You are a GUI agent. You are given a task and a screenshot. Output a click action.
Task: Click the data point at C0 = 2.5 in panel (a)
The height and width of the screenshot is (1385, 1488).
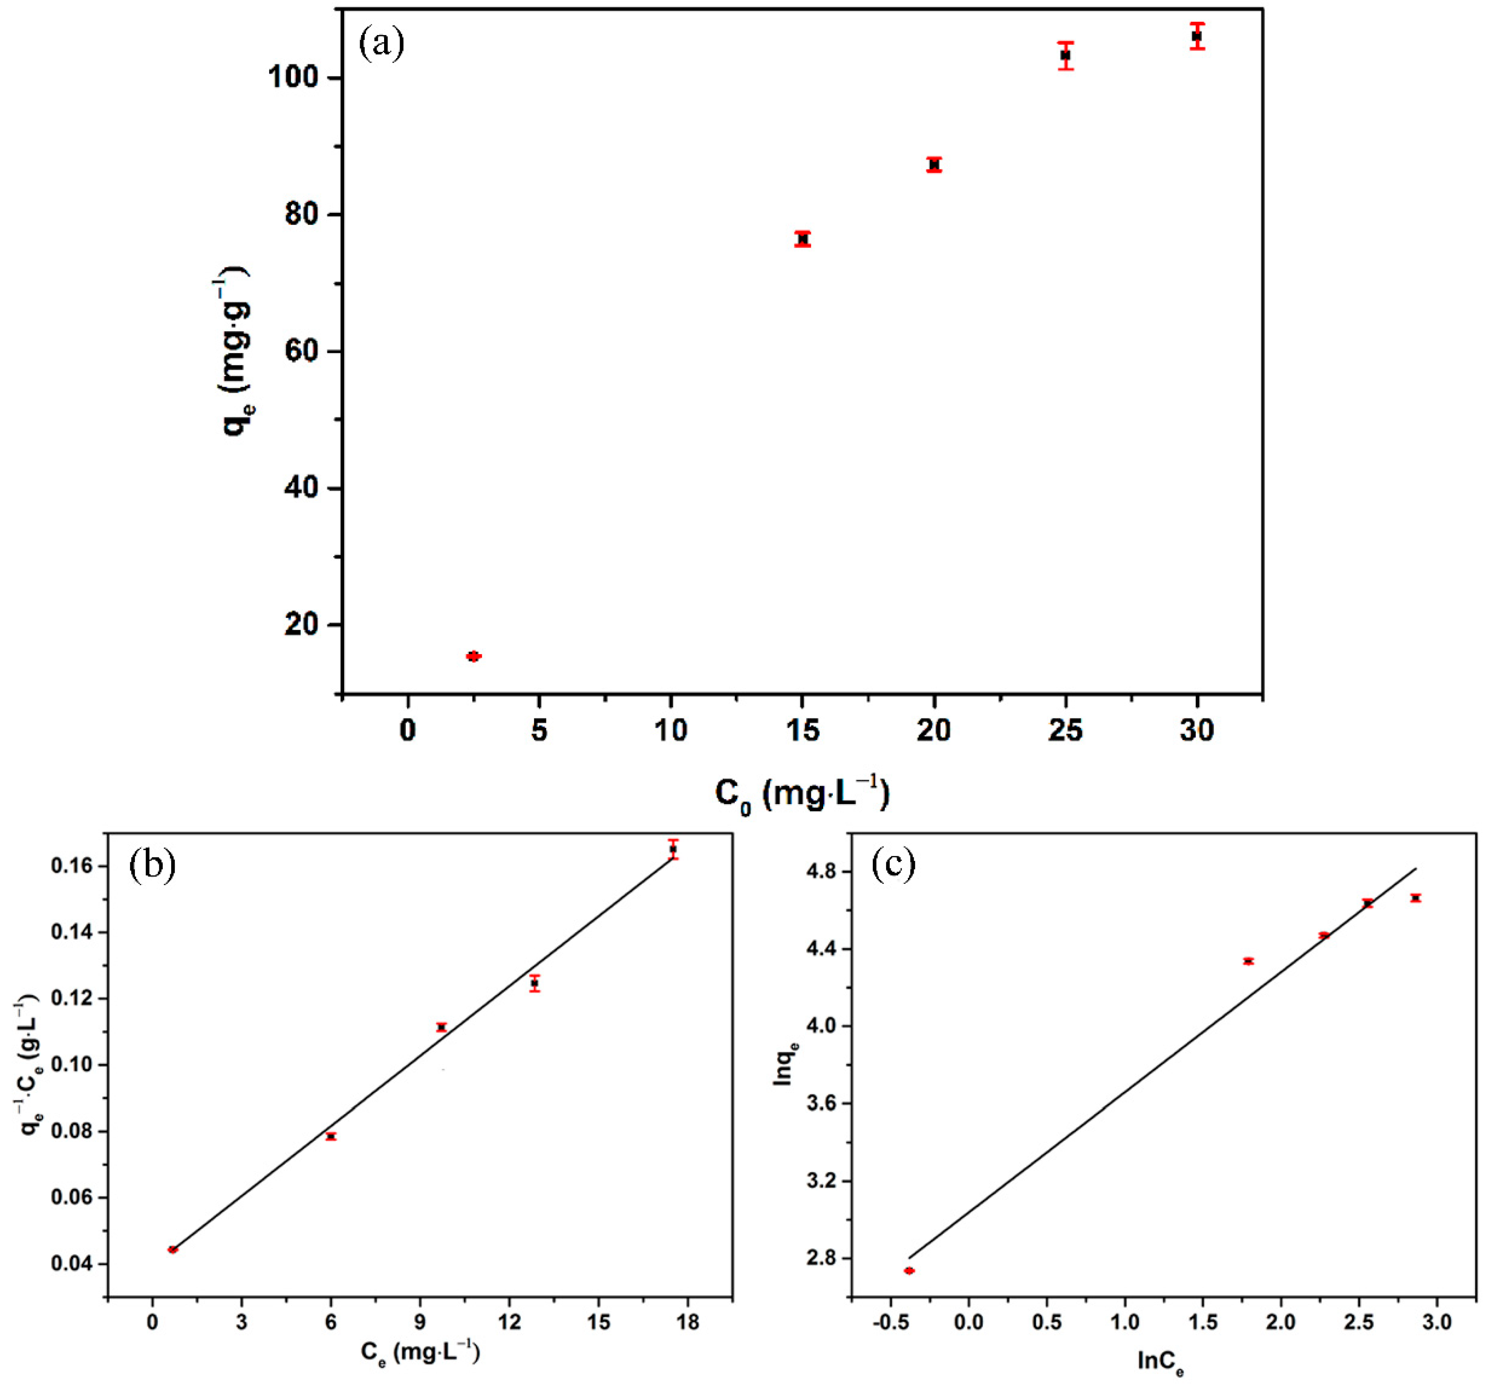[473, 656]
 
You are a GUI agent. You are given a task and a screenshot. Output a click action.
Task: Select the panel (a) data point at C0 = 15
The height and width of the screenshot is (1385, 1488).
[803, 239]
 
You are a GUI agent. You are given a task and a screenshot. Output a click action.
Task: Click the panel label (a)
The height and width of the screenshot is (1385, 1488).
[382, 43]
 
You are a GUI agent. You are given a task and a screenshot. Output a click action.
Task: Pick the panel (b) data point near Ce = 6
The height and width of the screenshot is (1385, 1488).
[331, 1136]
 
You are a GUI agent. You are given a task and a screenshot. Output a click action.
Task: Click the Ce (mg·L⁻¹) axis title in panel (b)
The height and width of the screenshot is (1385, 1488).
[420, 1353]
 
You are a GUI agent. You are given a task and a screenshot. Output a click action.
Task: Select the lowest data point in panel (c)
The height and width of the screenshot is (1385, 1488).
[909, 1271]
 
